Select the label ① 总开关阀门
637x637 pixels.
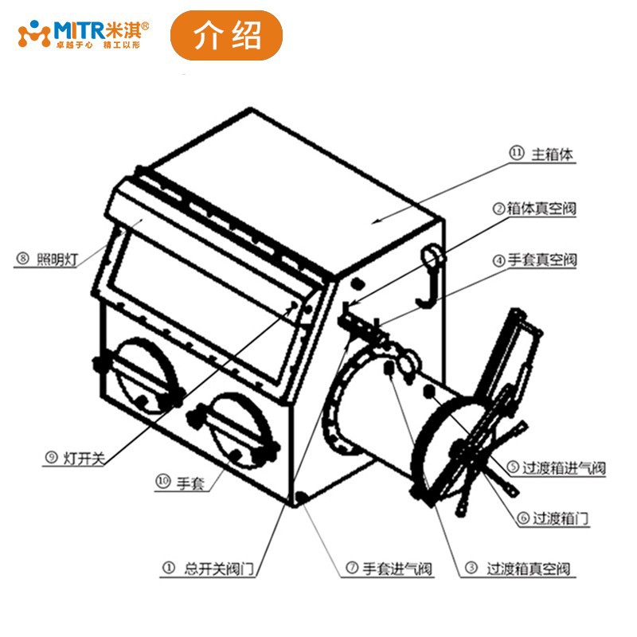point(208,569)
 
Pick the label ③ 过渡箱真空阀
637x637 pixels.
point(518,569)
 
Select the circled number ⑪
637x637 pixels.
point(516,154)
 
